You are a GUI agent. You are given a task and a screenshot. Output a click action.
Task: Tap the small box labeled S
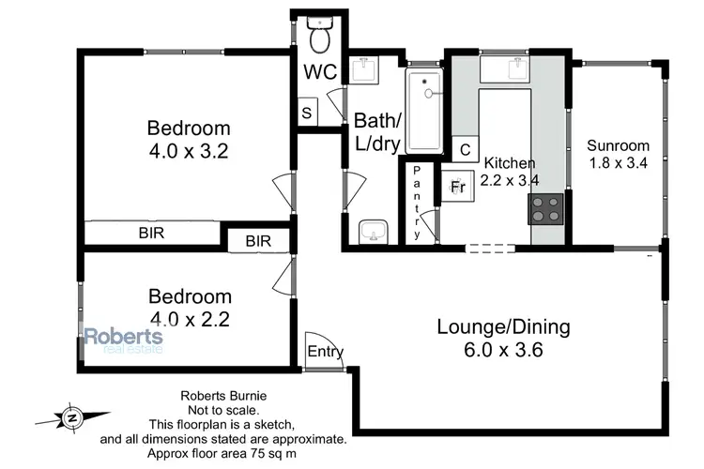(x=307, y=112)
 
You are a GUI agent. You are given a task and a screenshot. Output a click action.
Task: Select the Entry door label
(x=325, y=353)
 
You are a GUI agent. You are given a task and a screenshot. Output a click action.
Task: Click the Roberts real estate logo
(x=123, y=340)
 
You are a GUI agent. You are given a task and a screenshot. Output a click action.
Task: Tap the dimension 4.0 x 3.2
(x=189, y=149)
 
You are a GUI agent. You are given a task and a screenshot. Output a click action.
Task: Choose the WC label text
(x=318, y=71)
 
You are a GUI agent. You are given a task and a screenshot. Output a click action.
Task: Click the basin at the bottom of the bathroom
(x=375, y=229)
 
